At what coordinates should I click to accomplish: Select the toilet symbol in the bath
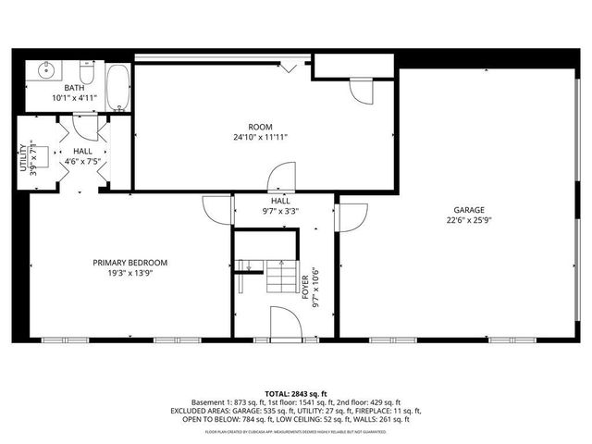[x=87, y=72]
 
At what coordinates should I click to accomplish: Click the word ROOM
[x=260, y=127]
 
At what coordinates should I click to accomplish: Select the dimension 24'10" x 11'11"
[x=260, y=137]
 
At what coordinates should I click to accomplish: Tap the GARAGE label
[x=468, y=210]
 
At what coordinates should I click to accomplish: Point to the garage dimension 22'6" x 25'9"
[x=468, y=220]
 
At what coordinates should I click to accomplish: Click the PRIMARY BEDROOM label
[x=129, y=263]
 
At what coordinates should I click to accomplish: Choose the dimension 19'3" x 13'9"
[x=129, y=273]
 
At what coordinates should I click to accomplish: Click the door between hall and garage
[x=351, y=216]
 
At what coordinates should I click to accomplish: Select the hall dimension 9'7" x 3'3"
[x=280, y=211]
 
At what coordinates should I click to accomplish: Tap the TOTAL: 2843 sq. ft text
[x=295, y=392]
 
